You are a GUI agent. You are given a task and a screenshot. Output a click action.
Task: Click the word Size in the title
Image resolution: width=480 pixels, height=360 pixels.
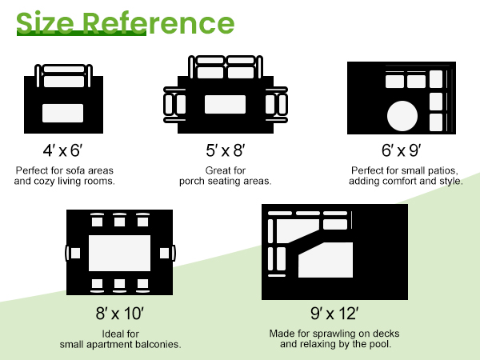46,22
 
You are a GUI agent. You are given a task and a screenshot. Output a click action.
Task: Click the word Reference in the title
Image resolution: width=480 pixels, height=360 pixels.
158,22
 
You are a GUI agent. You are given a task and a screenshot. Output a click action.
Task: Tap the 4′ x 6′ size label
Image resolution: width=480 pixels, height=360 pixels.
62,150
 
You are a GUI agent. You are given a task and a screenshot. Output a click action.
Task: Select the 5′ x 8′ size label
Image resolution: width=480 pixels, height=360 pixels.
226,150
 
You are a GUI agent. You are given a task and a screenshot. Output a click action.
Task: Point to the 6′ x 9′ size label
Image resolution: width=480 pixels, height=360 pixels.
402,150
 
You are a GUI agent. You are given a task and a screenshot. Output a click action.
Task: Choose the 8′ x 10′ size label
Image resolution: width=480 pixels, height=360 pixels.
120,314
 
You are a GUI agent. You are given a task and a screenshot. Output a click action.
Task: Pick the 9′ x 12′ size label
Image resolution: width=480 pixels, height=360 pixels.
334,314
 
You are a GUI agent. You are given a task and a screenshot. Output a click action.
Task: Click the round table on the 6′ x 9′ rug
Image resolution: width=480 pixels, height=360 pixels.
402,116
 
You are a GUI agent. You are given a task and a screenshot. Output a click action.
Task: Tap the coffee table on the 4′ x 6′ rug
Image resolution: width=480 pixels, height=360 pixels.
62,114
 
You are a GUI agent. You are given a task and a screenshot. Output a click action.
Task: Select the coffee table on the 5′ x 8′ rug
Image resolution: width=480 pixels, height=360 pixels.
226,104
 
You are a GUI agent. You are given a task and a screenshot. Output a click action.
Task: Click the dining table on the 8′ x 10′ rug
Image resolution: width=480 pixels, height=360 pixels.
120,253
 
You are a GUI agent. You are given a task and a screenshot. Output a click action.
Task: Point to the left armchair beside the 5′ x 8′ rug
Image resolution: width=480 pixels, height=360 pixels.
174,105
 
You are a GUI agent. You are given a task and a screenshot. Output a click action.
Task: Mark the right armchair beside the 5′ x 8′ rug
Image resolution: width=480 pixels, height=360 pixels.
277,105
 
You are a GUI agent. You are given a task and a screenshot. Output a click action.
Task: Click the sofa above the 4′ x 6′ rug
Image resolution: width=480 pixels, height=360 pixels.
64,76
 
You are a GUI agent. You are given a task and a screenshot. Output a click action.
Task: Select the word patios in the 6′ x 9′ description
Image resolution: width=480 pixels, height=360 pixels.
443,170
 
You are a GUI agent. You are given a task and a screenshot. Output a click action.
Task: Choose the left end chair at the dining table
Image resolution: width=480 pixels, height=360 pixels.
73,253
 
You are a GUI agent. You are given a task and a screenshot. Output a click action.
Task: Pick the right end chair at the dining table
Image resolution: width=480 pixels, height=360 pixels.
167,253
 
